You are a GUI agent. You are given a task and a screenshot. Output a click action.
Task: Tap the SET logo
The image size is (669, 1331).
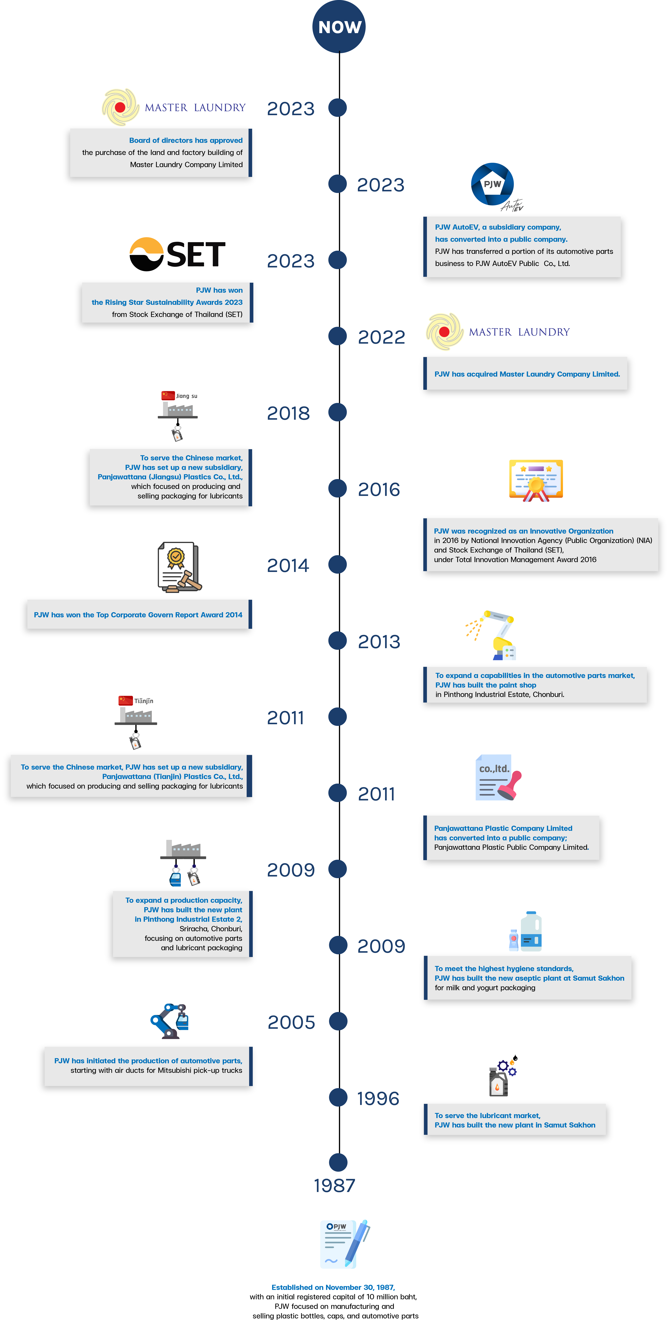coord(177,254)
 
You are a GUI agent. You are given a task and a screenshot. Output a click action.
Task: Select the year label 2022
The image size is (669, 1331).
coord(381,337)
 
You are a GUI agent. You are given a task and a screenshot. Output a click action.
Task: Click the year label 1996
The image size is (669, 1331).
coord(378,1099)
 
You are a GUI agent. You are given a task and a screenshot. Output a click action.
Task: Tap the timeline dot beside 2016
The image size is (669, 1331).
coord(338,488)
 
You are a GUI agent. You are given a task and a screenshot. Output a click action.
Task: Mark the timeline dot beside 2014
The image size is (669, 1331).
coord(338,564)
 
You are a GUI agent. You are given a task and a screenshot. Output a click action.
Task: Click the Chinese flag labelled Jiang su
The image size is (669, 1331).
coord(168,395)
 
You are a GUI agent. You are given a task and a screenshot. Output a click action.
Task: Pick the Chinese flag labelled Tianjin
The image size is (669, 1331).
coord(126,700)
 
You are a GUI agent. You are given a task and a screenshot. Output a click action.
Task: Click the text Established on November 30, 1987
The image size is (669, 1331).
coord(333,1287)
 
